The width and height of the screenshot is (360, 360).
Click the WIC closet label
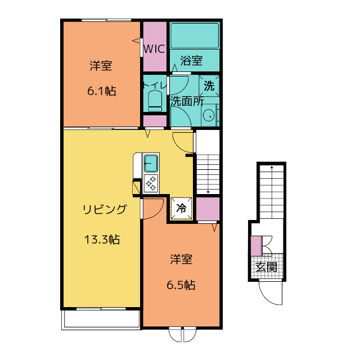tap(154, 49)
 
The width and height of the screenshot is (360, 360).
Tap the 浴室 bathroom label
tap(191, 60)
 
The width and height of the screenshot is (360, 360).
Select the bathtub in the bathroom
tap(195, 35)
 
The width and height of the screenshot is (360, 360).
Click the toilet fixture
tap(155, 101)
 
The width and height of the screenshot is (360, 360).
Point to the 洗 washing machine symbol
tap(209, 86)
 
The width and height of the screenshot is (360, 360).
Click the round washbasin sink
tap(209, 115)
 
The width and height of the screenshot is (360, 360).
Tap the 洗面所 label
tap(187, 101)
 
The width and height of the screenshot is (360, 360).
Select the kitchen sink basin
tap(151, 163)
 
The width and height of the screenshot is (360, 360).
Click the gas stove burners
tap(151, 183)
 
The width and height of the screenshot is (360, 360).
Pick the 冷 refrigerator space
tap(181, 209)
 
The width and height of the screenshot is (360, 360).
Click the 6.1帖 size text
tap(101, 91)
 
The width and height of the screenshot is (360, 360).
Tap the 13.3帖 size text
tap(102, 240)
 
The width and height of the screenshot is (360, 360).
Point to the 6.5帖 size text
tap(181, 285)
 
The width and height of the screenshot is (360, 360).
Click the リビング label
tap(105, 209)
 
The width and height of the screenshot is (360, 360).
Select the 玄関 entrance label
tap(266, 267)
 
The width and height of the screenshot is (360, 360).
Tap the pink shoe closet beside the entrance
tap(256, 246)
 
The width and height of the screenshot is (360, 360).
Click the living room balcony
tap(101, 319)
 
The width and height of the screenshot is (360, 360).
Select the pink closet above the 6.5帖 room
tap(208, 209)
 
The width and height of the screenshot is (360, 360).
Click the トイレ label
tap(155, 85)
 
